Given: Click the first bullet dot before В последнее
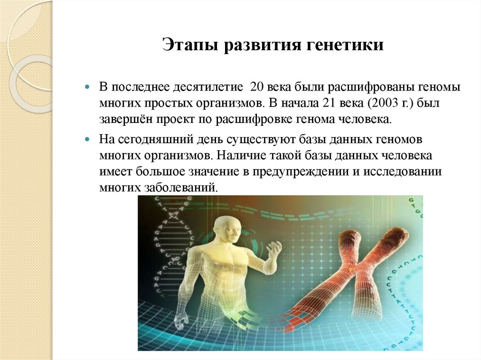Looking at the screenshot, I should (87, 88).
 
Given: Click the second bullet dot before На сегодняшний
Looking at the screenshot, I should (87, 140).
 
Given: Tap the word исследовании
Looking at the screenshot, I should (403, 172).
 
